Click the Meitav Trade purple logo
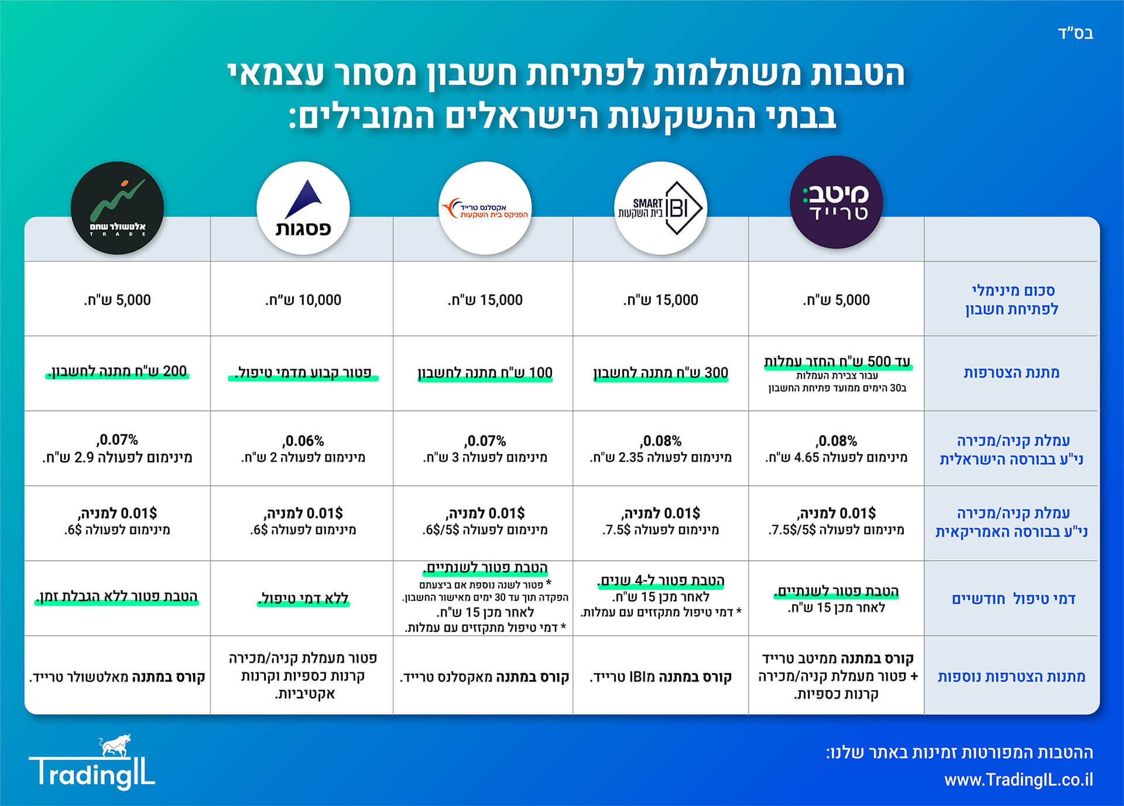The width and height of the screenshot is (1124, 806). coord(836,203)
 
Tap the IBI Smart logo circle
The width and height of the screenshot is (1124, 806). coord(661,208)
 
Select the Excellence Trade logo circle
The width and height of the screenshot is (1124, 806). coord(485,208)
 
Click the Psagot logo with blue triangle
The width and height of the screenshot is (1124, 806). coord(303,208)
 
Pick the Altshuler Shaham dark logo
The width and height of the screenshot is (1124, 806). coord(117,208)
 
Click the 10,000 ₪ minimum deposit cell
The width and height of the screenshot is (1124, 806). coord(303,300)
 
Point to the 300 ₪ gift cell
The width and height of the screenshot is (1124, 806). coord(661,373)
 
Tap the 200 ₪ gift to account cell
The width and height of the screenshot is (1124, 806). coord(118,372)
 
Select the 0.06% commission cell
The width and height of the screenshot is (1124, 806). coord(303,448)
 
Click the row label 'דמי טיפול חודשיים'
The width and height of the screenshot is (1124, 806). coord(1013,599)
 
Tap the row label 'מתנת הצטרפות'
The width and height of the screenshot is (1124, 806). coord(1012,373)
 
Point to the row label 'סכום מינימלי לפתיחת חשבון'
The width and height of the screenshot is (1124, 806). coord(1012,300)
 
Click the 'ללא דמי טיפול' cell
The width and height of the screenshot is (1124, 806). coord(303,598)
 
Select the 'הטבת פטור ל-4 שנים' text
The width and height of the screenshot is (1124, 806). coord(661,581)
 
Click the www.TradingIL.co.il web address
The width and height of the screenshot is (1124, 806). coord(1019,780)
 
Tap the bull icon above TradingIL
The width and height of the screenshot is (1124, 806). coord(115,746)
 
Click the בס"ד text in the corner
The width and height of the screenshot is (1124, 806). coord(1075,33)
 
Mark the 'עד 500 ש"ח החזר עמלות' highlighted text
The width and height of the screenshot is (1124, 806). coord(837,362)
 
